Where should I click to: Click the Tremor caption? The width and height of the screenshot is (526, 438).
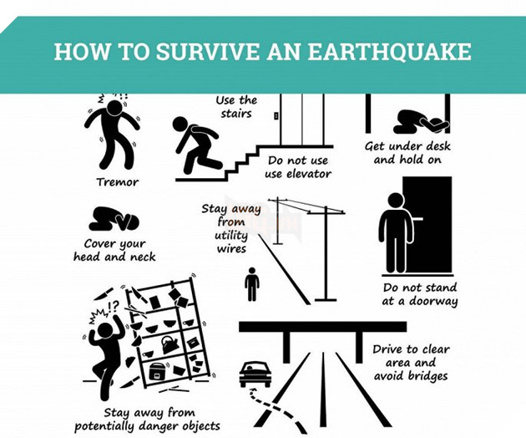pos(117,182)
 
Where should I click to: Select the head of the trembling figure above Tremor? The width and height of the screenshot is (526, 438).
pos(114,108)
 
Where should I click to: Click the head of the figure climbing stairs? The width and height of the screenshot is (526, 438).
pos(181,124)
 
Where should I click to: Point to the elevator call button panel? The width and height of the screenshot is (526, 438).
pos(276,116)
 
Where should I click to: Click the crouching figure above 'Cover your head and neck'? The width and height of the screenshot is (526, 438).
pos(114,219)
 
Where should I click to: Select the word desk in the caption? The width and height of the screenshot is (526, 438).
pos(436,146)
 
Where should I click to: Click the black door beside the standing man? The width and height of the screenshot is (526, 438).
pos(427,224)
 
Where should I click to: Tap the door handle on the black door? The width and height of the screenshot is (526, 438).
pos(417,219)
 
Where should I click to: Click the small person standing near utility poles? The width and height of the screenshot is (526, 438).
pos(251,284)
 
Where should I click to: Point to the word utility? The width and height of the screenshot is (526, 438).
pos(231,236)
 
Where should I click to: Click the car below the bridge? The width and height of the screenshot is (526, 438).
pos(255,374)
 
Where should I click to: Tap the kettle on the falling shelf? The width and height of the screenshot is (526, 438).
pos(169,344)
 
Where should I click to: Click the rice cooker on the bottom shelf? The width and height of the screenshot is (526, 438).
pos(159,371)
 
